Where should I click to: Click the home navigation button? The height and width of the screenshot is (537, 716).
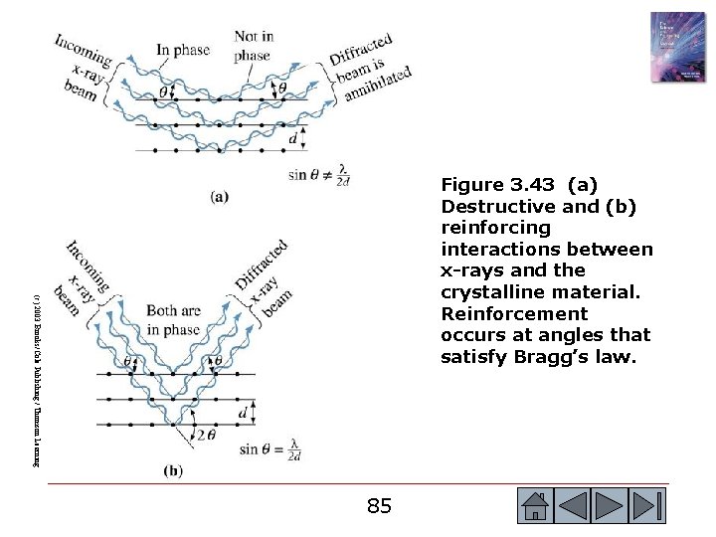535,505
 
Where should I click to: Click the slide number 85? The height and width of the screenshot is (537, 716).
379,505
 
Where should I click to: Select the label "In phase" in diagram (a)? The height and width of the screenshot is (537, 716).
185,49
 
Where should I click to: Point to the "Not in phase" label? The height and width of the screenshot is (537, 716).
254,46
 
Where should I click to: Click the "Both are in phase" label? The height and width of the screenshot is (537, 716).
173,320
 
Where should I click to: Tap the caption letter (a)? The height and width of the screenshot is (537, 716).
220,196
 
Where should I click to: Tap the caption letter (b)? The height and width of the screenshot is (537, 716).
173,471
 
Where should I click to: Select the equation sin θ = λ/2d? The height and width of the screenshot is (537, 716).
270,449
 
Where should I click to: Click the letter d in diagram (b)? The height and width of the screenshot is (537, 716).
244,411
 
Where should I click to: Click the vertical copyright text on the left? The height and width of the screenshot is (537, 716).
35,378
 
